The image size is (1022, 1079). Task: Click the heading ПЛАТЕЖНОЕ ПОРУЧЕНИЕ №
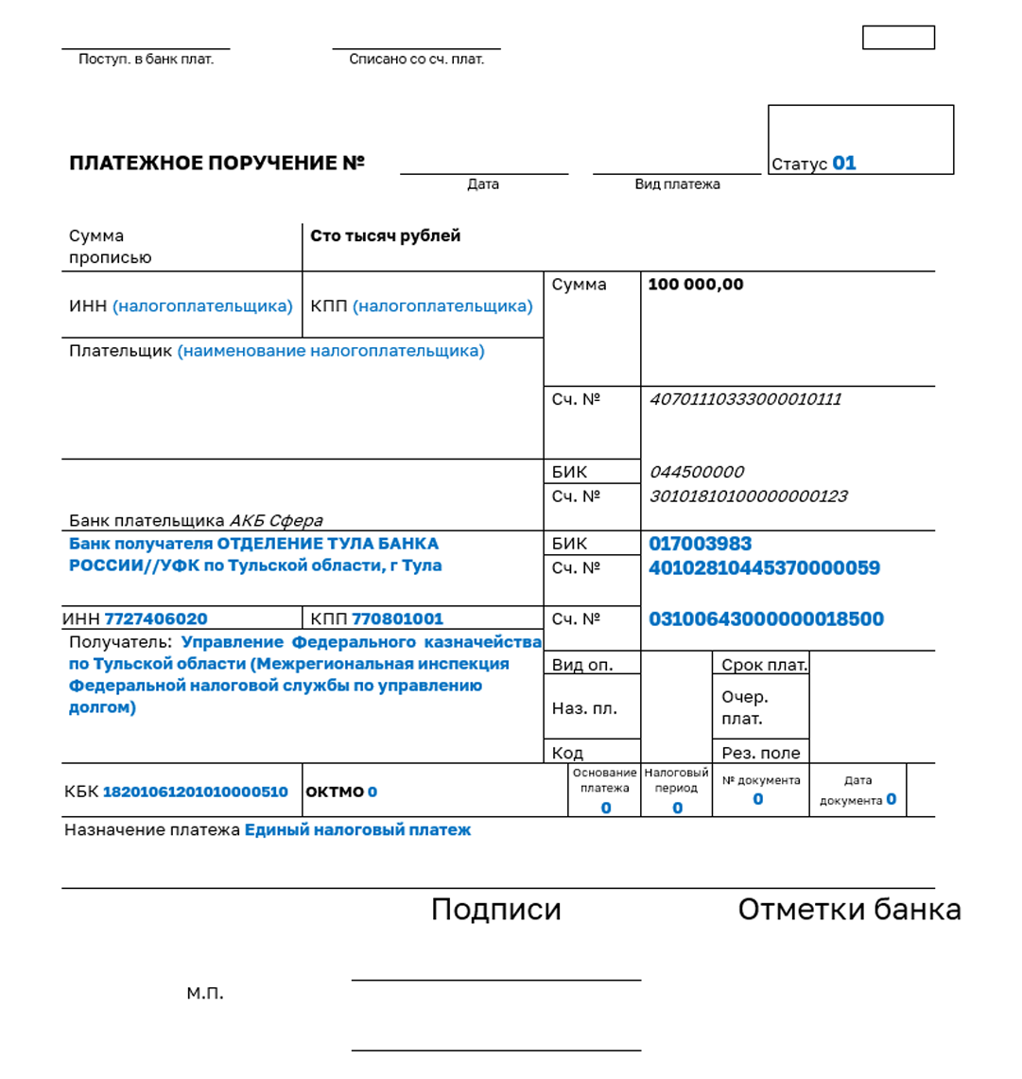tap(217, 164)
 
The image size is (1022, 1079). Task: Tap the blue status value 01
tap(844, 164)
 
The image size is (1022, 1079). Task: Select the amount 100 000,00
tap(696, 285)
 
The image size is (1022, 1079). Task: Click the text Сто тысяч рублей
tap(386, 235)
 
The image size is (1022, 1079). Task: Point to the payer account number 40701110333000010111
tap(745, 399)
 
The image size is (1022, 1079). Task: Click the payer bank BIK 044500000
tap(697, 472)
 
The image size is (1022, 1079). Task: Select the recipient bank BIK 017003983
tap(701, 544)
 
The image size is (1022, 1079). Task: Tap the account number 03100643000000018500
tap(766, 619)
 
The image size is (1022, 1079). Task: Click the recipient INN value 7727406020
tap(156, 619)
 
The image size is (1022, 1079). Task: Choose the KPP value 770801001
tap(397, 619)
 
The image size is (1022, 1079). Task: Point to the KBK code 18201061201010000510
tap(195, 792)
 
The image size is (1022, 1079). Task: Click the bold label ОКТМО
tap(335, 792)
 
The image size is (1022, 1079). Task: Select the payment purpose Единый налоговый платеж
tap(357, 830)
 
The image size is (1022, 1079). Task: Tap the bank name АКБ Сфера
tap(276, 521)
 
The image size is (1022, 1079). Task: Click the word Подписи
tap(496, 910)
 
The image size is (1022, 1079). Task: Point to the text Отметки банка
tap(849, 910)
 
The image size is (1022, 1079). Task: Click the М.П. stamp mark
tap(205, 994)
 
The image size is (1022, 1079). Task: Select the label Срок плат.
tap(764, 665)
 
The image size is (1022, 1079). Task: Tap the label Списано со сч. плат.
tap(416, 60)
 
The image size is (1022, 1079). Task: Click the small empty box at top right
tap(898, 38)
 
